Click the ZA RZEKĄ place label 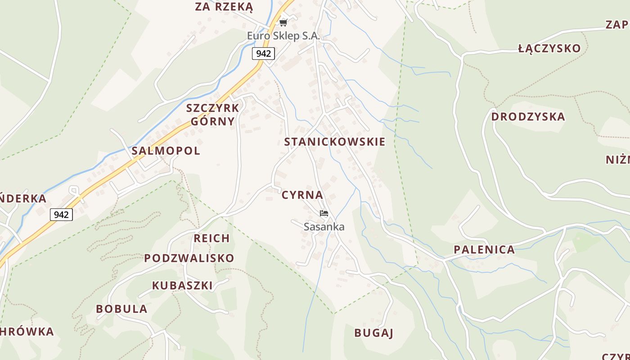[224, 7]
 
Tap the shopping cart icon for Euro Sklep [283, 22]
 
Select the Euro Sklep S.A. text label [283, 36]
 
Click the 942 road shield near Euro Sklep [263, 54]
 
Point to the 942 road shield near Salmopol [61, 215]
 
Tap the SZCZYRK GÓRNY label [213, 115]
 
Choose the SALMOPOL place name [166, 151]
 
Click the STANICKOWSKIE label [335, 142]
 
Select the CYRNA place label [302, 195]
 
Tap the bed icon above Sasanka [324, 213]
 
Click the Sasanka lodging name [324, 227]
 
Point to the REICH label [211, 238]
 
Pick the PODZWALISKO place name [189, 258]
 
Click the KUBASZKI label [182, 285]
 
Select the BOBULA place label [121, 309]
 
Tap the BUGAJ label [374, 333]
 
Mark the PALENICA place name [484, 250]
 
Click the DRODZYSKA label [528, 117]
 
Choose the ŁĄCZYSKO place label [549, 49]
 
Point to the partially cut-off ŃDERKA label [23, 198]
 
